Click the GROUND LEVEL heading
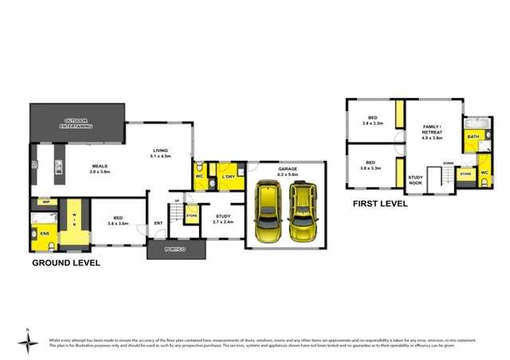point(65,262)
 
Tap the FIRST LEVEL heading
point(380,204)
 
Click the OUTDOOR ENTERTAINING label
point(78,123)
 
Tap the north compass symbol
point(29,341)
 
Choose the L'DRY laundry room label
point(228,177)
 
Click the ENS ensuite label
point(44,233)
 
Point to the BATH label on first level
point(473,137)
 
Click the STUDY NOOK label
point(415,181)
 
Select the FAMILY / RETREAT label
point(432,131)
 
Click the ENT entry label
point(159,222)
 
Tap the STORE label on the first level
point(465,173)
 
